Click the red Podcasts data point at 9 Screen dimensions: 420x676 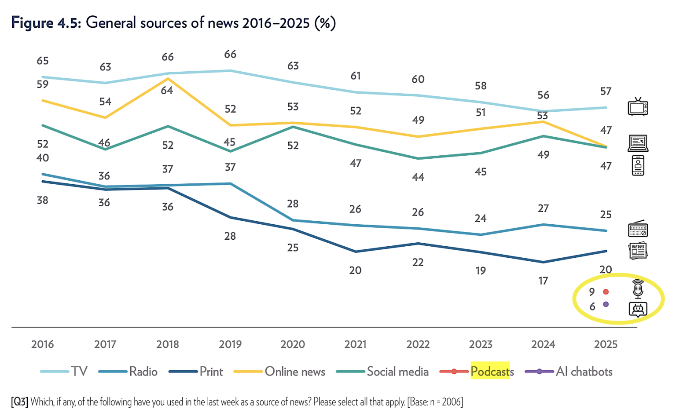point(606,292)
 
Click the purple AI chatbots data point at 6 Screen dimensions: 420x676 point(606,304)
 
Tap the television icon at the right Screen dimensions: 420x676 point(638,107)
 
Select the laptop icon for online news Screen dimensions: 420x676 point(638,143)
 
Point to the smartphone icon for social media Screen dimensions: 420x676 point(638,165)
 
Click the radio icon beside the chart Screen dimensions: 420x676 point(638,229)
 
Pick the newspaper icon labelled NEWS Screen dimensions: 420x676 point(638,251)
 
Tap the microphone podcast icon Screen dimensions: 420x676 point(638,289)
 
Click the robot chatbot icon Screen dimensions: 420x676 point(638,310)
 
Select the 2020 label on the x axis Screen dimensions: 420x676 point(293,344)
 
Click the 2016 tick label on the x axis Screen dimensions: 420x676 point(42,344)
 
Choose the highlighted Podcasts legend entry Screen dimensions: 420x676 point(492,372)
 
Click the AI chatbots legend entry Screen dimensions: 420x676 point(584,372)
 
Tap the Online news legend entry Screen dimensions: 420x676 point(294,372)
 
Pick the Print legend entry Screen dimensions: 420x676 point(211,372)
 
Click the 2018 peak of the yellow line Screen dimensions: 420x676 point(168,79)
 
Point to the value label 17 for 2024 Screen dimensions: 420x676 point(543,281)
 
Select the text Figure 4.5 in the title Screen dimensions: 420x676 point(46,22)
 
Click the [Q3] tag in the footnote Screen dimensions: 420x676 point(20,402)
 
